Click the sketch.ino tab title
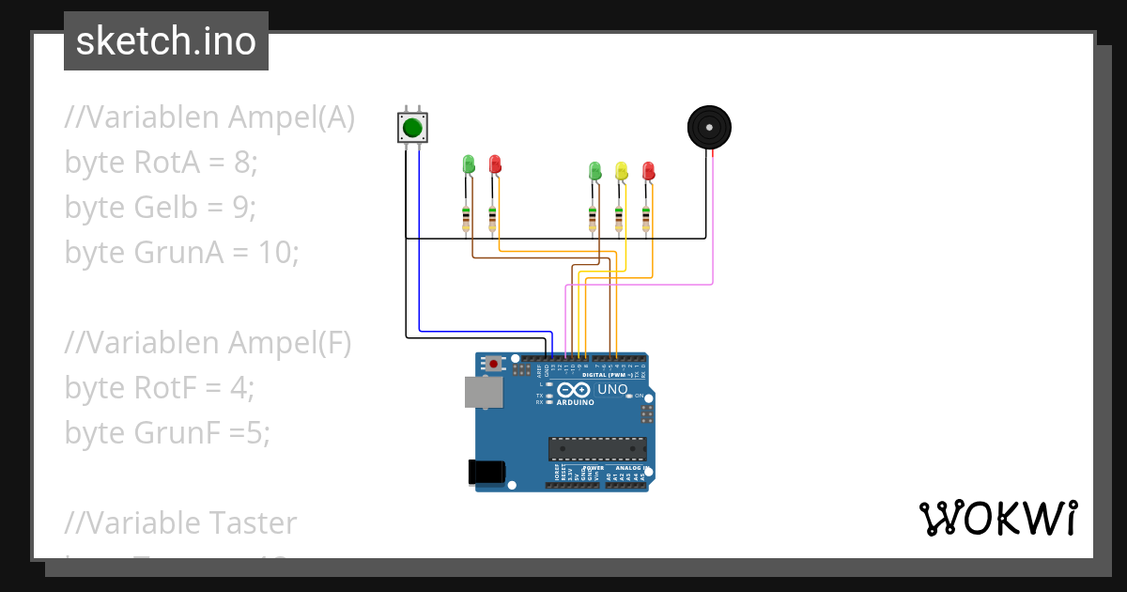166,41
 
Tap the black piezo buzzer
709,127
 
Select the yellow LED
620,170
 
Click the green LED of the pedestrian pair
469,164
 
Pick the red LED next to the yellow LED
647,170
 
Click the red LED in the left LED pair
495,164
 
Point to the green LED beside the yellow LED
594,170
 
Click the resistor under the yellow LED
619,219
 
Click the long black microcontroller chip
597,448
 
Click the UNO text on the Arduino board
612,389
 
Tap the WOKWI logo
997,518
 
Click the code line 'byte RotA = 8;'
161,163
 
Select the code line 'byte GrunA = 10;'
181,252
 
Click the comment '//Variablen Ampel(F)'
208,343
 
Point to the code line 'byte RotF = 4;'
160,387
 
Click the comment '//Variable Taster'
180,522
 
